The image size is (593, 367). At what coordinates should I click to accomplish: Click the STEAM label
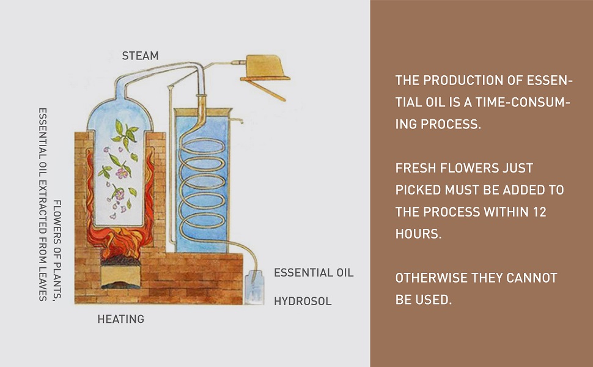(140, 56)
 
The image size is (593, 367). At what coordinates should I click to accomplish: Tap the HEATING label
(120, 319)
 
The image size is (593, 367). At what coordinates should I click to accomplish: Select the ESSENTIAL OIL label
(314, 272)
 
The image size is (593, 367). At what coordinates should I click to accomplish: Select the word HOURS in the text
(418, 234)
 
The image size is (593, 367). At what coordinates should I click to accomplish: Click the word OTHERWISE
(431, 278)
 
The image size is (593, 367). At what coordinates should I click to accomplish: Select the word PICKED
(418, 190)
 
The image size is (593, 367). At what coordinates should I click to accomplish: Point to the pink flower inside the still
(122, 172)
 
